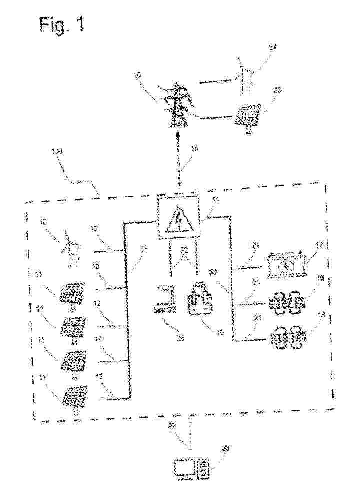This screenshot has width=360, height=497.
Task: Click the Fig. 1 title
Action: click(62, 25)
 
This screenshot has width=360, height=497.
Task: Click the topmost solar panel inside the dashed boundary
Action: click(72, 292)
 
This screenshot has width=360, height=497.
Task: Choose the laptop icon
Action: click(166, 300)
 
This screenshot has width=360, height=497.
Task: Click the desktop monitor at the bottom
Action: click(183, 469)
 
